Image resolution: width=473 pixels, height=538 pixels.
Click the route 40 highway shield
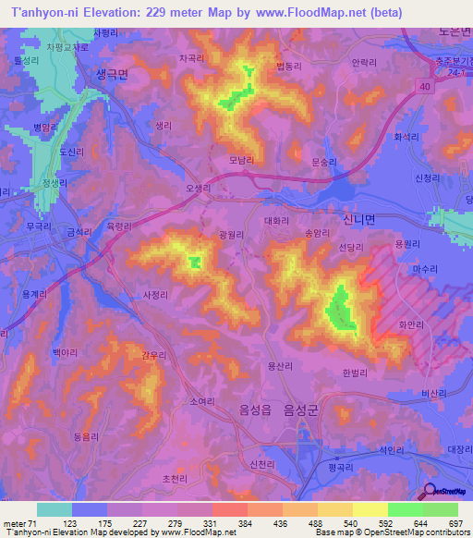tap(423, 86)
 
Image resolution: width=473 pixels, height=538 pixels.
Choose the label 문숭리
tap(325, 161)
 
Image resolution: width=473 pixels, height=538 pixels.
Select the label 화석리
tap(406, 137)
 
